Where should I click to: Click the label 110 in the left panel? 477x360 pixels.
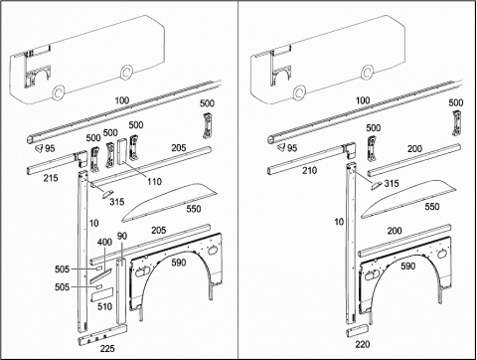pyautogui.click(x=154, y=182)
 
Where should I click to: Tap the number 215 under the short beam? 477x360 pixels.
pyautogui.click(x=51, y=178)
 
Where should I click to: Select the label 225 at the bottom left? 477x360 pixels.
pyautogui.click(x=107, y=348)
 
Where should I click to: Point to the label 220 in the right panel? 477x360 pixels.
pyautogui.click(x=363, y=345)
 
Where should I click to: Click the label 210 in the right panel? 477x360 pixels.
pyautogui.click(x=309, y=171)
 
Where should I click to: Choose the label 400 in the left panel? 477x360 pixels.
pyautogui.click(x=104, y=243)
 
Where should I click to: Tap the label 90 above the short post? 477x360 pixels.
pyautogui.click(x=122, y=236)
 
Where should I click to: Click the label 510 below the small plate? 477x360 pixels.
pyautogui.click(x=104, y=306)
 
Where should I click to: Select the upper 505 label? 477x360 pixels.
pyautogui.click(x=62, y=270)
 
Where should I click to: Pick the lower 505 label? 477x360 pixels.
pyautogui.click(x=62, y=287)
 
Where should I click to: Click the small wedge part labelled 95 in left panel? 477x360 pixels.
pyautogui.click(x=39, y=148)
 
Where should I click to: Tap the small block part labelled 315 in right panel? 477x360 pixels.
pyautogui.click(x=376, y=185)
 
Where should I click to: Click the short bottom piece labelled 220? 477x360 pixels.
pyautogui.click(x=358, y=330)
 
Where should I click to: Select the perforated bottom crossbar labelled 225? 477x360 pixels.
pyautogui.click(x=102, y=335)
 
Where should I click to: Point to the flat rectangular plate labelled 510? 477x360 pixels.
pyautogui.click(x=102, y=294)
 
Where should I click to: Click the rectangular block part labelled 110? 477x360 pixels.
pyautogui.click(x=122, y=151)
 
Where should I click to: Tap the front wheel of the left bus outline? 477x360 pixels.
pyautogui.click(x=59, y=92)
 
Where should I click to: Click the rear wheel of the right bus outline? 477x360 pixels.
pyautogui.click(x=367, y=72)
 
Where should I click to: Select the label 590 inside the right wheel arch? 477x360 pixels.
pyautogui.click(x=407, y=267)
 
